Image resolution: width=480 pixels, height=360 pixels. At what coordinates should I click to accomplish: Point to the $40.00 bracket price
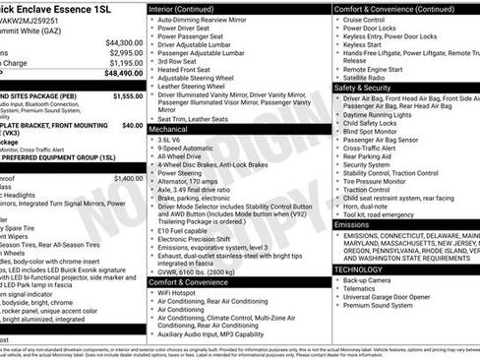coord(132,126)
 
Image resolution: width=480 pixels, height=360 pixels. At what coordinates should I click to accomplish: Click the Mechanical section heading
coord(169,129)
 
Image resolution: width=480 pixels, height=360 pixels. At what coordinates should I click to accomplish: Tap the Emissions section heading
coord(352,225)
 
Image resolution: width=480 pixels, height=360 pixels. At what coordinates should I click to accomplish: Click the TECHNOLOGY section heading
coord(358,269)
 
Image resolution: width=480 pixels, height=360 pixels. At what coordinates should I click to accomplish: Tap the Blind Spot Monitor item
coord(372,131)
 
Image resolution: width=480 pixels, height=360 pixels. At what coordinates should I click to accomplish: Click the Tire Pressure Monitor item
coord(377,181)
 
